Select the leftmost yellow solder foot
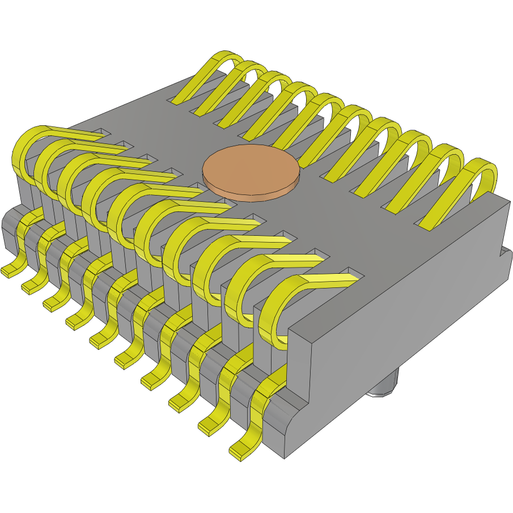pos(10,270)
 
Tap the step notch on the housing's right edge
pos(503,252)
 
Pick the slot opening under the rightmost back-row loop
pos(431,224)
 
